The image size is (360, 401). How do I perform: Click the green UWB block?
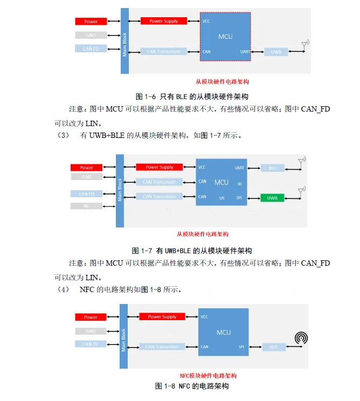272,198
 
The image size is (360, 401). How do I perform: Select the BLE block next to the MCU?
272,168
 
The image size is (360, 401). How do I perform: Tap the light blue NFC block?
274,347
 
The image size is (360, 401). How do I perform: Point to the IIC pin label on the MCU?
240,184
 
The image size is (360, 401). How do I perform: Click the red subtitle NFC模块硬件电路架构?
207,376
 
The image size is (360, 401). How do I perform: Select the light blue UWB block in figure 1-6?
276,52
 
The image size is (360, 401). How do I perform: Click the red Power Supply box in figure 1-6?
163,21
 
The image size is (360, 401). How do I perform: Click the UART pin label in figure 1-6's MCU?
245,52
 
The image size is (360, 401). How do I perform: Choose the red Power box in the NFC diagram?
91,317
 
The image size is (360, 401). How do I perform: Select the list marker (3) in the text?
64,135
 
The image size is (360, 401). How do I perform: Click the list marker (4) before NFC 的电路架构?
64,289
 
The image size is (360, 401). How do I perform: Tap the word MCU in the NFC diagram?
224,333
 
